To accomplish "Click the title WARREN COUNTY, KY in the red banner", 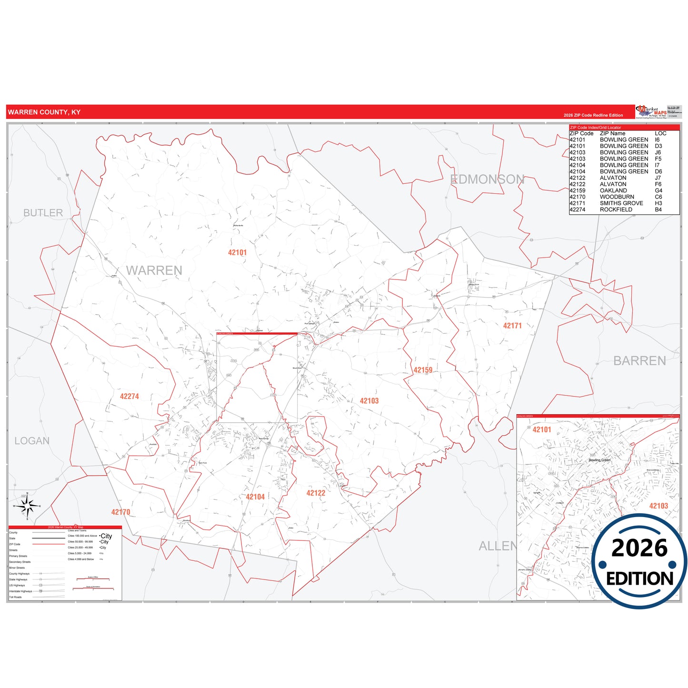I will click(44, 112).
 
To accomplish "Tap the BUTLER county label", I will click(43, 213).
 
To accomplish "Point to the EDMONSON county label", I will click(487, 179).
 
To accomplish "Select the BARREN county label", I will click(639, 361).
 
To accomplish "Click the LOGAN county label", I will click(32, 441).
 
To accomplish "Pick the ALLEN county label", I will click(497, 546).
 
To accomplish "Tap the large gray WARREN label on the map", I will click(154, 270).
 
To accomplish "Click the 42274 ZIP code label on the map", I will click(130, 397).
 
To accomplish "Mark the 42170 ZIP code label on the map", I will click(121, 512).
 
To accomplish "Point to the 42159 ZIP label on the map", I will click(423, 370).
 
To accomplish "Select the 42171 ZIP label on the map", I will click(512, 326).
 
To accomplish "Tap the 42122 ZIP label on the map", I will click(316, 493).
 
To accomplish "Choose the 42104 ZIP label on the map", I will click(255, 497).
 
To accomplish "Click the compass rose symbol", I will click(27, 506).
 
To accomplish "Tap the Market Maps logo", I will click(651, 112).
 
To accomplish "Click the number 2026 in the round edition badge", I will click(639, 548).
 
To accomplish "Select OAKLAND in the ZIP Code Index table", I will click(613, 190).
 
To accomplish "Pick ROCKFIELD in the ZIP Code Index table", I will click(616, 209).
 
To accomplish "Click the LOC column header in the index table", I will click(660, 133).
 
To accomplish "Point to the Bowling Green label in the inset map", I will click(599, 460).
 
